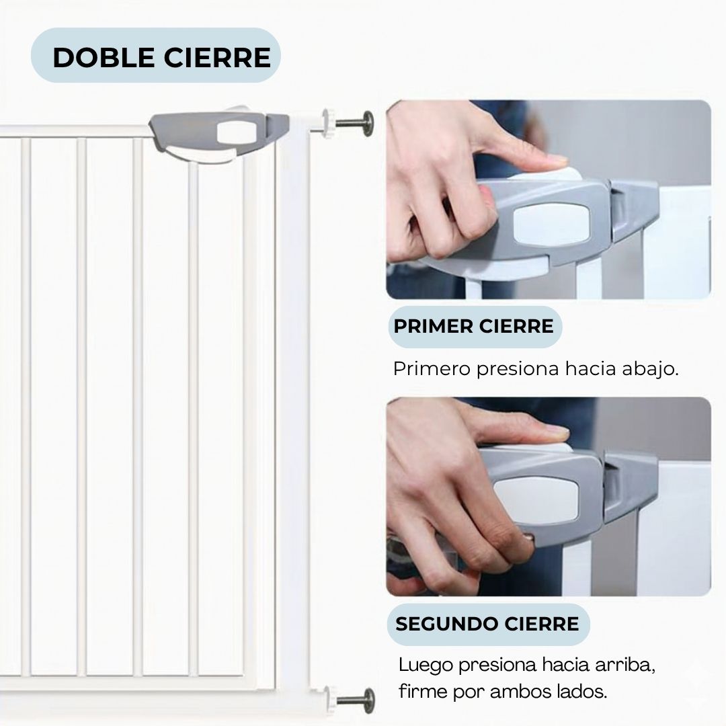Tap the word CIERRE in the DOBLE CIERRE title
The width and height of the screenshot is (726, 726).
[217, 58]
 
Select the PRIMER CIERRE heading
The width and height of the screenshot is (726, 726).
[474, 327]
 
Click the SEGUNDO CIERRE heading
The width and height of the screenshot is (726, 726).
[487, 624]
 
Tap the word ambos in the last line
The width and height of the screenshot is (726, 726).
[518, 692]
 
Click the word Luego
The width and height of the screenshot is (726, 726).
[426, 666]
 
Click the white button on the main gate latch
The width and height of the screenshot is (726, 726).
[237, 132]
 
